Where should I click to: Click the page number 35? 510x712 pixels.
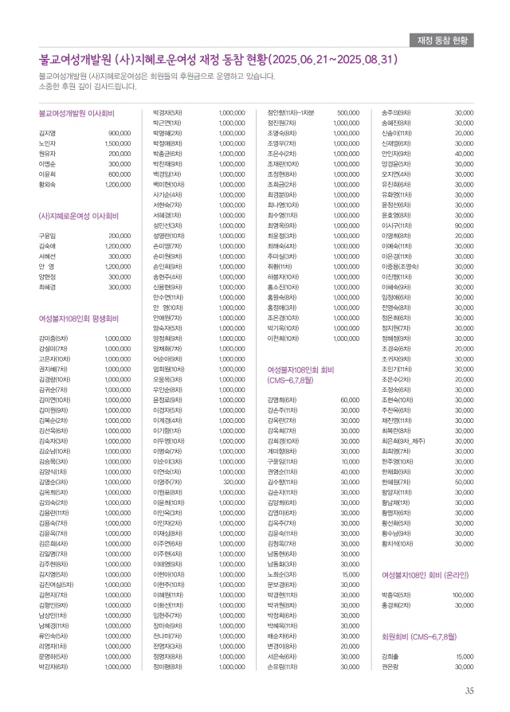coord(470,690)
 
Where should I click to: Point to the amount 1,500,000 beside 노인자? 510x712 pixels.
coord(117,143)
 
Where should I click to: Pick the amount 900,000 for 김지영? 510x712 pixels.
coord(120,132)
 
